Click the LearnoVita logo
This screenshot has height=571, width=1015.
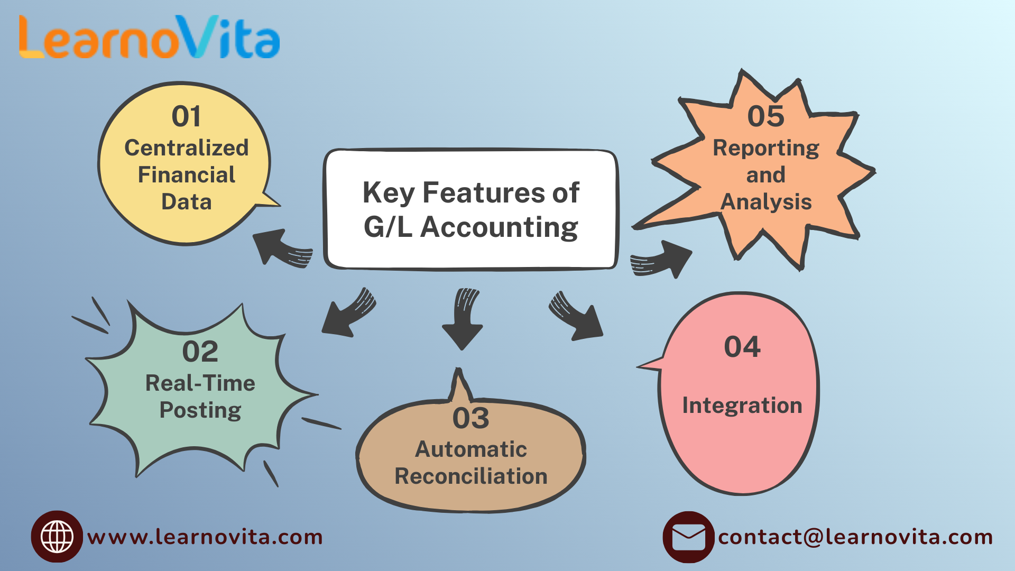149,37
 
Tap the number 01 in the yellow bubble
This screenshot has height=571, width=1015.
186,116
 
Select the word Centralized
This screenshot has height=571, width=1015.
187,148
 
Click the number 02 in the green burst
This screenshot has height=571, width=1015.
200,352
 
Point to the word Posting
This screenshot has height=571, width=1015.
200,410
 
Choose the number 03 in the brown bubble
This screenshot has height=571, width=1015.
470,418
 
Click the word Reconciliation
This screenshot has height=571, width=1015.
471,476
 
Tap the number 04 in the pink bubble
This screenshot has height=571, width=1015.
742,347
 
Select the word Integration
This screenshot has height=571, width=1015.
742,406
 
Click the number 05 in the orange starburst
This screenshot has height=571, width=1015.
766,116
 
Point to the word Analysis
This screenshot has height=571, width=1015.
766,202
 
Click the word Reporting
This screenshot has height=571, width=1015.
766,149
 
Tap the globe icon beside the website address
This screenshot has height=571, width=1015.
57,537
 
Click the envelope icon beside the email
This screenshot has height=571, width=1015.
688,537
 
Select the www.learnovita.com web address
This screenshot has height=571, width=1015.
205,537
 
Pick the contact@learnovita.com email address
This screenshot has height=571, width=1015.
855,537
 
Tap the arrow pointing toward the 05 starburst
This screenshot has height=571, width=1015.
661,260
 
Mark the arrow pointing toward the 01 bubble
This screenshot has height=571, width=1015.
282,248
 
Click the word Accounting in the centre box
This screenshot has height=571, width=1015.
499,228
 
